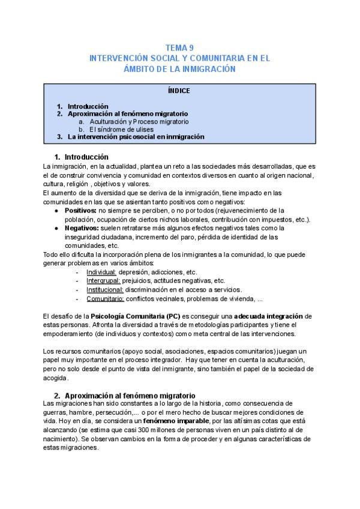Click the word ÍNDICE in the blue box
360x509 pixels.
(179, 91)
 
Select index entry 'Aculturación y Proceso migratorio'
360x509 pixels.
(138, 121)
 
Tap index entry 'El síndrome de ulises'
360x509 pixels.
(121, 129)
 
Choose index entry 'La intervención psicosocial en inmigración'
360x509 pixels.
(136, 137)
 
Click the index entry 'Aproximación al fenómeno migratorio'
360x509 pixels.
(127, 113)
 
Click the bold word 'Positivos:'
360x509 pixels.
(80, 211)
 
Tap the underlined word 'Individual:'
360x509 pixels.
(101, 272)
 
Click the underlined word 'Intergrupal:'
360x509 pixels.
(103, 280)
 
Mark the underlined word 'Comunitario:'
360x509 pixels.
(105, 298)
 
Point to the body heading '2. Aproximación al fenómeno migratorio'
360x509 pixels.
(124, 396)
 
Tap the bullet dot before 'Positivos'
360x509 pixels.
(56, 211)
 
